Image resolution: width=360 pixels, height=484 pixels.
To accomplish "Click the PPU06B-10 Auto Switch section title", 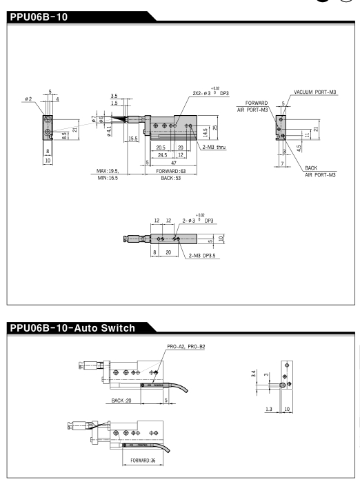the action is pos(72,327).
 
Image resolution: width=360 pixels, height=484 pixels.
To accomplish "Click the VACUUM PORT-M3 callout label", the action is pos(315,92).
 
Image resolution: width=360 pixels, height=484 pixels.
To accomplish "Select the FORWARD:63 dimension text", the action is pos(171,171).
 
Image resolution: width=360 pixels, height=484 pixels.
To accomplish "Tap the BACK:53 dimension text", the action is pos(171,178).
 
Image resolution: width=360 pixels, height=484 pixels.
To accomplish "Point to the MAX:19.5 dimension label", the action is pos(108,171).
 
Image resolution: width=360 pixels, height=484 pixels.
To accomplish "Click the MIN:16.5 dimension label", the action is pos(108,178).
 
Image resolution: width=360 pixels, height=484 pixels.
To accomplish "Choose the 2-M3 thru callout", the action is pos(214,148).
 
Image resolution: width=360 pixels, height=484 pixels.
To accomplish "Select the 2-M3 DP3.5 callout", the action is pos(202,256).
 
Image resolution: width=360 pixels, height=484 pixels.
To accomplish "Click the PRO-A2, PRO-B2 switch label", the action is pos(186,347).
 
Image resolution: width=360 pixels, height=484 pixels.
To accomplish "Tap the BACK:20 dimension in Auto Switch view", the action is pos(121,401).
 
